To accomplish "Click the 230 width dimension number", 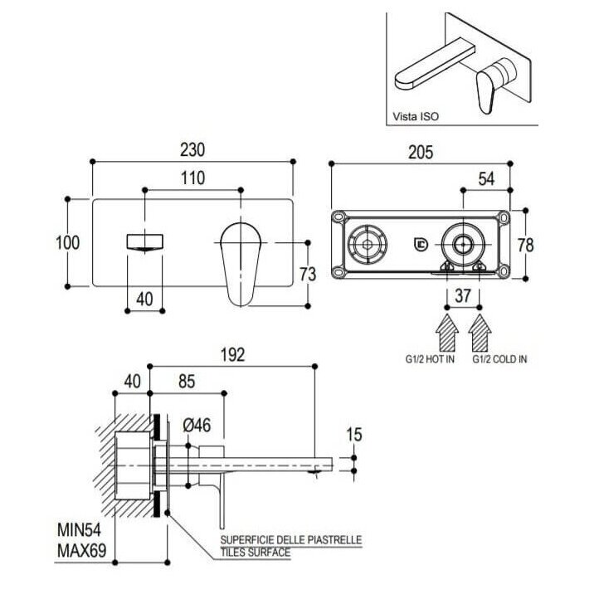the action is point(192,149).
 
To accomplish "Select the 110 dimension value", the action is point(192,178).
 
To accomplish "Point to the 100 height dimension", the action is point(68,242).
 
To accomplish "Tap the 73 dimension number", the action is point(308,275).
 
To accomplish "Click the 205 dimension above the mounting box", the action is point(421,152).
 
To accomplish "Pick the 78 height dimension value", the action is point(525,245).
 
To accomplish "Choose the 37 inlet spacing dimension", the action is point(463,295).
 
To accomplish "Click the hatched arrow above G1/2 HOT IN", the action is point(447,333).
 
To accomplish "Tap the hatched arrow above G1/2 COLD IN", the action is point(480,333).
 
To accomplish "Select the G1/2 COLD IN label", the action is point(499,359).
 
